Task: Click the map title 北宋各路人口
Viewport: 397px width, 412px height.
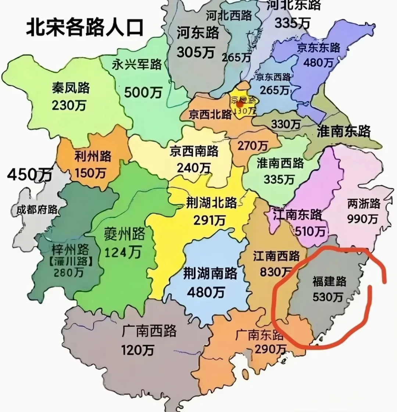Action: [x=85, y=28]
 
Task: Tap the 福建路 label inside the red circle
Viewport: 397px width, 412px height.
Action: [x=329, y=282]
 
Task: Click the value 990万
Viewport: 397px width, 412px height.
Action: [x=362, y=219]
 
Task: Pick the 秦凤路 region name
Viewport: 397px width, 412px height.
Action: [x=71, y=88]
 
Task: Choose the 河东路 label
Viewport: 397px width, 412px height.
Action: [x=198, y=33]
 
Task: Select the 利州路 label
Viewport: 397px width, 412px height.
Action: [x=93, y=156]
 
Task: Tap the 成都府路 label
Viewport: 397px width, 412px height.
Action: [x=37, y=210]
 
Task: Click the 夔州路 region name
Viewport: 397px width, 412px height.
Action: [x=124, y=234]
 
